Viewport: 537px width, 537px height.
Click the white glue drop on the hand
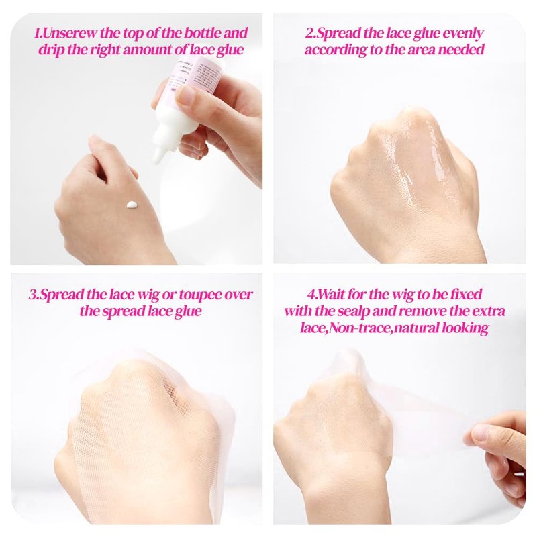132,205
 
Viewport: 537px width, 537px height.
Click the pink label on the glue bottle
195,78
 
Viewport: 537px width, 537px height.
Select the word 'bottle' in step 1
203,33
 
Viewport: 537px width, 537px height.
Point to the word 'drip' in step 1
51,50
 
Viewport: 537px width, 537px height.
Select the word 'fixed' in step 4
467,295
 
